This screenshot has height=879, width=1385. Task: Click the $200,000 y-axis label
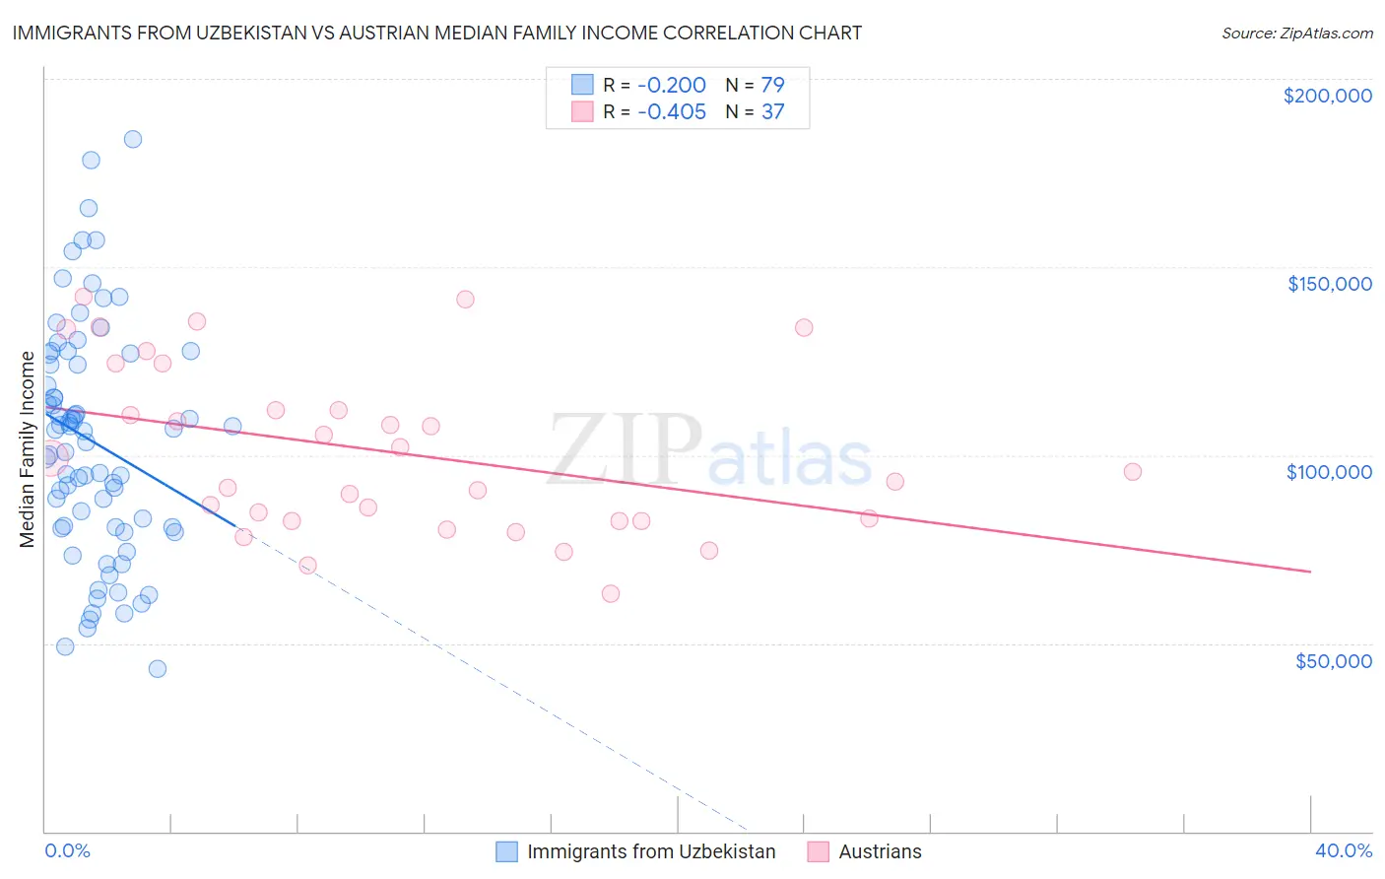pyautogui.click(x=1327, y=96)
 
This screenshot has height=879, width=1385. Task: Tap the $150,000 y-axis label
pyautogui.click(x=1329, y=284)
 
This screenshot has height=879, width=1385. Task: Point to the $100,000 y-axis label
pyautogui.click(x=1329, y=472)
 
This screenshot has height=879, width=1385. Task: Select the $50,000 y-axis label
pyautogui.click(x=1333, y=660)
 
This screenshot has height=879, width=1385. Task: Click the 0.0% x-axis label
pyautogui.click(x=67, y=850)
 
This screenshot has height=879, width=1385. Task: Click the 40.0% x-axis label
pyautogui.click(x=1344, y=850)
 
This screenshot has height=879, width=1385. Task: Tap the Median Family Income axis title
pyautogui.click(x=28, y=448)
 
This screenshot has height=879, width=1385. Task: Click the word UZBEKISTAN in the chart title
pyautogui.click(x=268, y=33)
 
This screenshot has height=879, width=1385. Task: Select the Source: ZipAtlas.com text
pyautogui.click(x=1296, y=33)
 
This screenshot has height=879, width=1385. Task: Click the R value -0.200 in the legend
pyautogui.click(x=672, y=85)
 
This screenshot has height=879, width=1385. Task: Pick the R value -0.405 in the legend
pyautogui.click(x=672, y=111)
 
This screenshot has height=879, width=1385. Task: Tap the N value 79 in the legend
pyautogui.click(x=772, y=85)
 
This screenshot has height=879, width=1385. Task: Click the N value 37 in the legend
pyautogui.click(x=772, y=111)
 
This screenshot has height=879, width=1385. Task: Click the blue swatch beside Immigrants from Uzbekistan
pyautogui.click(x=506, y=851)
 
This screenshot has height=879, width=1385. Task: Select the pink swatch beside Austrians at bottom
pyautogui.click(x=818, y=851)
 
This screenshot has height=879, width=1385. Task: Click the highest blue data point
pyautogui.click(x=132, y=139)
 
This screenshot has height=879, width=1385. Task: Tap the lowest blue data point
pyautogui.click(x=157, y=668)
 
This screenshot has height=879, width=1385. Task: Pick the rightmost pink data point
pyautogui.click(x=1133, y=472)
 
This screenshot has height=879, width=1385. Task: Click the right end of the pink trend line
pyautogui.click(x=1310, y=572)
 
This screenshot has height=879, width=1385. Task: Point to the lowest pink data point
pyautogui.click(x=611, y=593)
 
